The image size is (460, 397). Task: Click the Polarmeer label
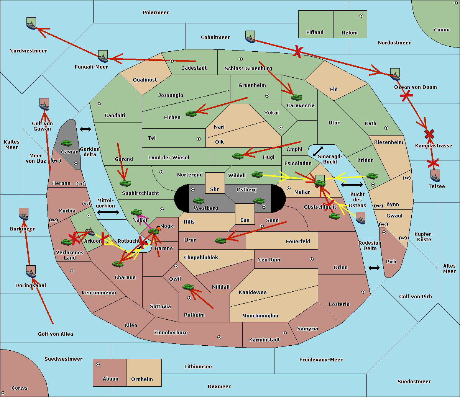(x=156, y=13)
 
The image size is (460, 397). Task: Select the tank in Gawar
(x=66, y=143)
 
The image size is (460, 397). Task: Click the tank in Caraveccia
(x=296, y=97)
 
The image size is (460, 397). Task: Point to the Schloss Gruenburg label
(x=248, y=68)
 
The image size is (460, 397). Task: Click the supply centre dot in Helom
(x=361, y=16)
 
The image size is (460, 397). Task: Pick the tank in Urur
(x=220, y=240)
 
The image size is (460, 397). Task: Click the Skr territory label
(x=215, y=189)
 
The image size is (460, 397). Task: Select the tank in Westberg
(x=199, y=201)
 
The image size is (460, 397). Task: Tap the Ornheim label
(x=142, y=379)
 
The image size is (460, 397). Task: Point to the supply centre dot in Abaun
(x=98, y=364)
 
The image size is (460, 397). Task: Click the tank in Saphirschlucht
(x=125, y=183)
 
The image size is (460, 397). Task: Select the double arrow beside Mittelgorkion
(x=108, y=212)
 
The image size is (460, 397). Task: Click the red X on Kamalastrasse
(x=429, y=134)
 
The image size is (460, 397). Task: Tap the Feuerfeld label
(x=298, y=241)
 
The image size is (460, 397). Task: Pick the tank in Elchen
(x=191, y=114)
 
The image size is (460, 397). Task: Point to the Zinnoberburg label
(x=171, y=332)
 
